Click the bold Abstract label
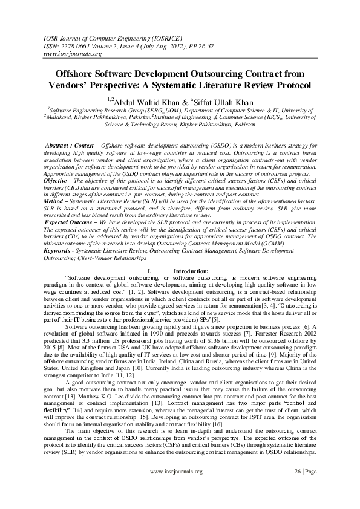point(60,146)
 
